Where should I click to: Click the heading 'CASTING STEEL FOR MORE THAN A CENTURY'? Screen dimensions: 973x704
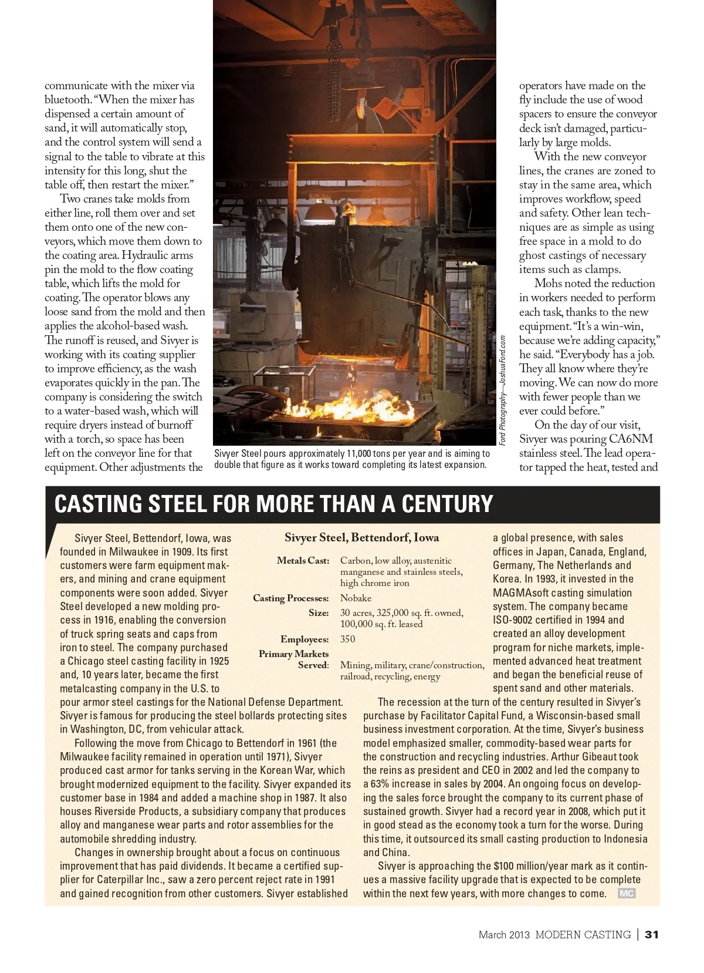coord(273,504)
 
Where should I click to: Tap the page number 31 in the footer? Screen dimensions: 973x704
coord(652,934)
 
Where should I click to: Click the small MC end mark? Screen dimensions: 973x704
coord(626,893)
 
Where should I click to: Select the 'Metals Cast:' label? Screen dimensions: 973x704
coord(303,561)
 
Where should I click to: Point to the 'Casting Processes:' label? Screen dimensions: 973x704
coord(290,598)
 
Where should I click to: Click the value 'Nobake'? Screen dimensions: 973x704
coord(356,598)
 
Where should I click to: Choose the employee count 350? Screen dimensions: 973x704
coord(347,639)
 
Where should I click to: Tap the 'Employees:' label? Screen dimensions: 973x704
coord(304,639)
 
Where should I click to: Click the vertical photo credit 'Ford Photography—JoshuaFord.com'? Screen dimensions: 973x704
coord(503,390)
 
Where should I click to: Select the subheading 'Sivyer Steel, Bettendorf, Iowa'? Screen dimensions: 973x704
coord(361,537)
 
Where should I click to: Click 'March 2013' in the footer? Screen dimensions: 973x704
coord(504,934)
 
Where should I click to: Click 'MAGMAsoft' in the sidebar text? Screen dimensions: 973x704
coord(521,593)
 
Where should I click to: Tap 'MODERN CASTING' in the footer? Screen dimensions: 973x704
coord(583,934)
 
